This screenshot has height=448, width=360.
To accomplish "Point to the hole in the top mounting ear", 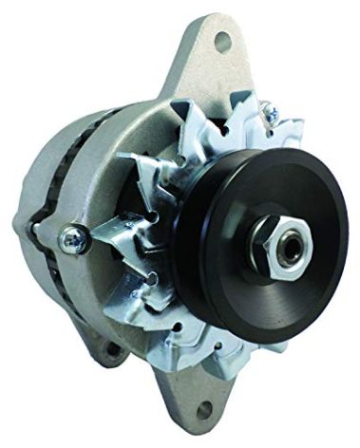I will pos(224,40).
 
